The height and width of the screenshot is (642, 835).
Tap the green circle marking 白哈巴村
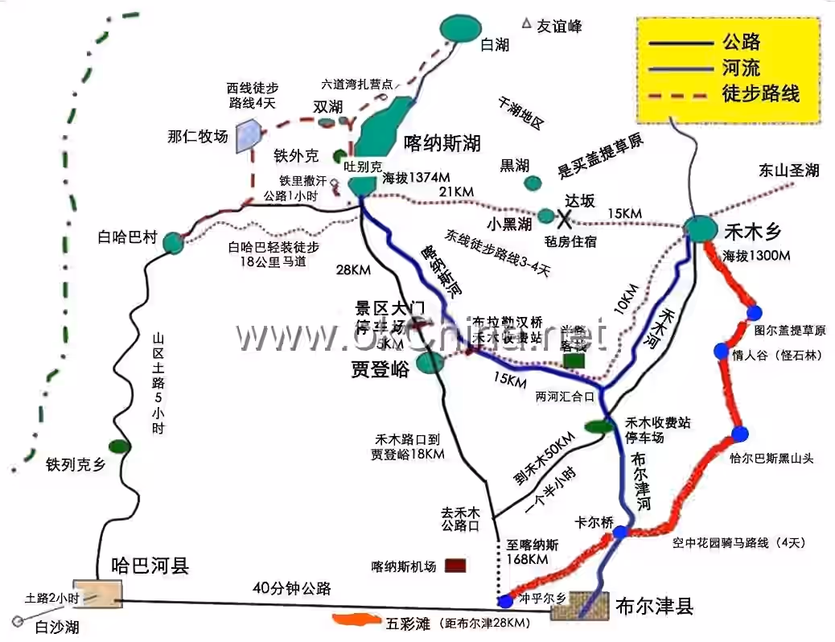[173, 242]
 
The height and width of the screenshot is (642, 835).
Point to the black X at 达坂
[566, 216]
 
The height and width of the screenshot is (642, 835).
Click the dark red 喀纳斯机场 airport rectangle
[456, 566]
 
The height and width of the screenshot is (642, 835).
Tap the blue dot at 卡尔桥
[620, 532]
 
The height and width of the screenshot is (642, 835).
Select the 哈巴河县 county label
[145, 566]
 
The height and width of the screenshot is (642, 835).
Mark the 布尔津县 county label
[654, 606]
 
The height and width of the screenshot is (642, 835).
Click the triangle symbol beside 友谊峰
[527, 24]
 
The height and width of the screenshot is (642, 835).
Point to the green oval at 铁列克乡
[119, 446]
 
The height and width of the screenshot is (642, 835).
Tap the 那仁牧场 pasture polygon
[247, 136]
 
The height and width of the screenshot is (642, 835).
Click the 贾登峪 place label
[380, 369]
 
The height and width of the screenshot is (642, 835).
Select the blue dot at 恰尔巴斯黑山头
[740, 434]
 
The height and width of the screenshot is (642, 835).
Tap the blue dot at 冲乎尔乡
[505, 601]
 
